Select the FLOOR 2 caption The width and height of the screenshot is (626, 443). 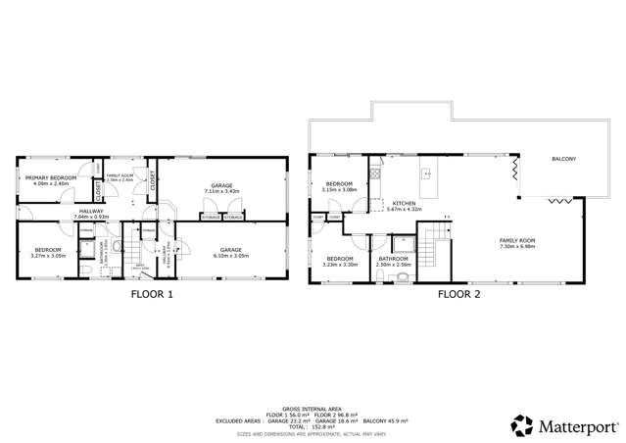(x=458, y=293)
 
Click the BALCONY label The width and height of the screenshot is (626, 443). (x=562, y=158)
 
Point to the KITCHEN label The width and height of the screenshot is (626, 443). (x=403, y=203)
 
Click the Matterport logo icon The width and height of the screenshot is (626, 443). (x=523, y=424)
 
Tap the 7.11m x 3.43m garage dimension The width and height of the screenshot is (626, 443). (x=221, y=190)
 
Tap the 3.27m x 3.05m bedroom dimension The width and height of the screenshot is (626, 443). (x=48, y=256)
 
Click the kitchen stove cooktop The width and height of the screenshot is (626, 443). (x=374, y=174)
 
